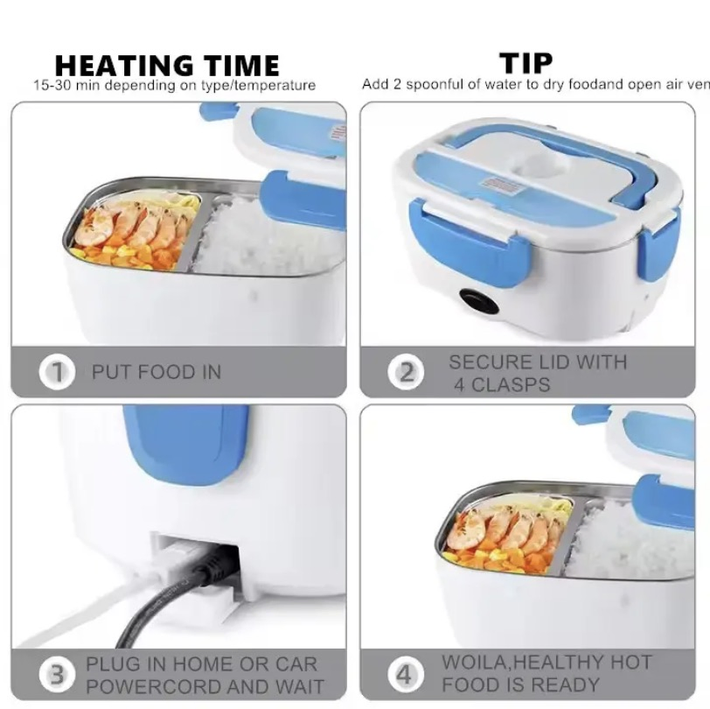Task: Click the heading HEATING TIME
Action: coord(167,65)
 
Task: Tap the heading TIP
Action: coord(526,63)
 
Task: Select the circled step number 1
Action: coord(57,372)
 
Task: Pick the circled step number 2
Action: coord(407,372)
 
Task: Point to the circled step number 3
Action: coord(57,675)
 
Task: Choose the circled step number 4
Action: coord(405,675)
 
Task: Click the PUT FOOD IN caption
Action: coord(157,372)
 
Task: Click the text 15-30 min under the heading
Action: coord(66,86)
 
